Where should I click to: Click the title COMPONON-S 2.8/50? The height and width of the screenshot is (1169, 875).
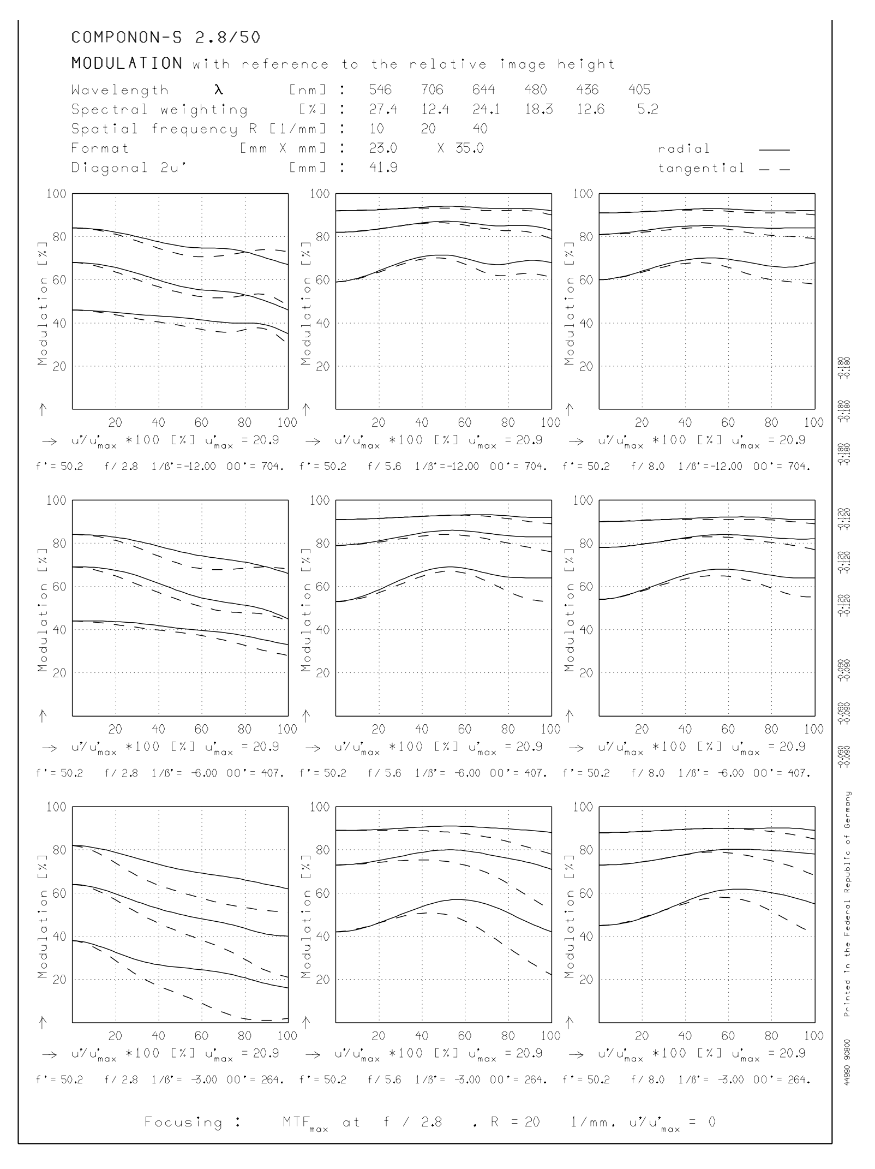point(166,38)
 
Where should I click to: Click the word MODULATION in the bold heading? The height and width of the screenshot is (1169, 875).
point(127,63)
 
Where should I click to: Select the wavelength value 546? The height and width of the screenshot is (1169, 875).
point(380,90)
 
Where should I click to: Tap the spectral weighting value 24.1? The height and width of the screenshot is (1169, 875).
point(486,110)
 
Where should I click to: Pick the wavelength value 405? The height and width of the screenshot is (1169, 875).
point(639,90)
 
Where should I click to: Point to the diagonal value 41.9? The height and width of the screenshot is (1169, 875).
point(383,168)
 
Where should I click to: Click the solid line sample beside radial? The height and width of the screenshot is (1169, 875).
point(774,150)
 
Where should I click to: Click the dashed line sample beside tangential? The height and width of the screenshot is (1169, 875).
point(774,169)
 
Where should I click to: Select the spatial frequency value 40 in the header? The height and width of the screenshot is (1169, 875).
point(480,129)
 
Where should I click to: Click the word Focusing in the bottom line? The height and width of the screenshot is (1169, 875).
point(183,1122)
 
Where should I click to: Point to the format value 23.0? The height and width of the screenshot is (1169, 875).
point(383,148)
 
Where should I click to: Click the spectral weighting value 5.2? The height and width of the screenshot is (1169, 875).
point(648,110)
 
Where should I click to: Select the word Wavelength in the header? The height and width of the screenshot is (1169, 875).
point(120,90)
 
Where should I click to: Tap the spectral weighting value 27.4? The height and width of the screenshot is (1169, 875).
point(383,110)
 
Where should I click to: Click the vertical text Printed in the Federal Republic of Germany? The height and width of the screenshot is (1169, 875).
point(847,904)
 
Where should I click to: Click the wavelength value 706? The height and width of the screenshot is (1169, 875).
point(432,90)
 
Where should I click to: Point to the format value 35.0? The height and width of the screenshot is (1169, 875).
point(469,148)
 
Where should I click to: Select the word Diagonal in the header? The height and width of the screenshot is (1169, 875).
point(109,168)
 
